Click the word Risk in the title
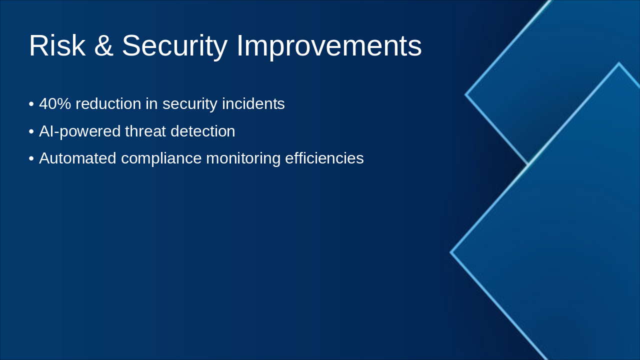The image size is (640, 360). [x=56, y=46]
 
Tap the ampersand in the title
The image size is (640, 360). [x=103, y=46]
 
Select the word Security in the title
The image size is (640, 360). [x=174, y=46]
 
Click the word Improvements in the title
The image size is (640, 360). [x=329, y=46]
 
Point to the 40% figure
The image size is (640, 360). [x=55, y=104]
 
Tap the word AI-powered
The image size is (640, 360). [x=79, y=131]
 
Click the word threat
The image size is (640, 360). [x=145, y=131]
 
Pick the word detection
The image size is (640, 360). [x=202, y=131]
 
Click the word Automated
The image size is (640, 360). [x=77, y=158]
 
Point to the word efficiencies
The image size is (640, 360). [x=324, y=158]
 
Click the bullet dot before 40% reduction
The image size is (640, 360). [x=31, y=104]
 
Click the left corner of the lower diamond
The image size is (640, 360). [x=451, y=252]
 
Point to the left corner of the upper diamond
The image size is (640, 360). [x=466, y=94]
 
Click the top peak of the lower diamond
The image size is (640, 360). [x=618, y=63]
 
